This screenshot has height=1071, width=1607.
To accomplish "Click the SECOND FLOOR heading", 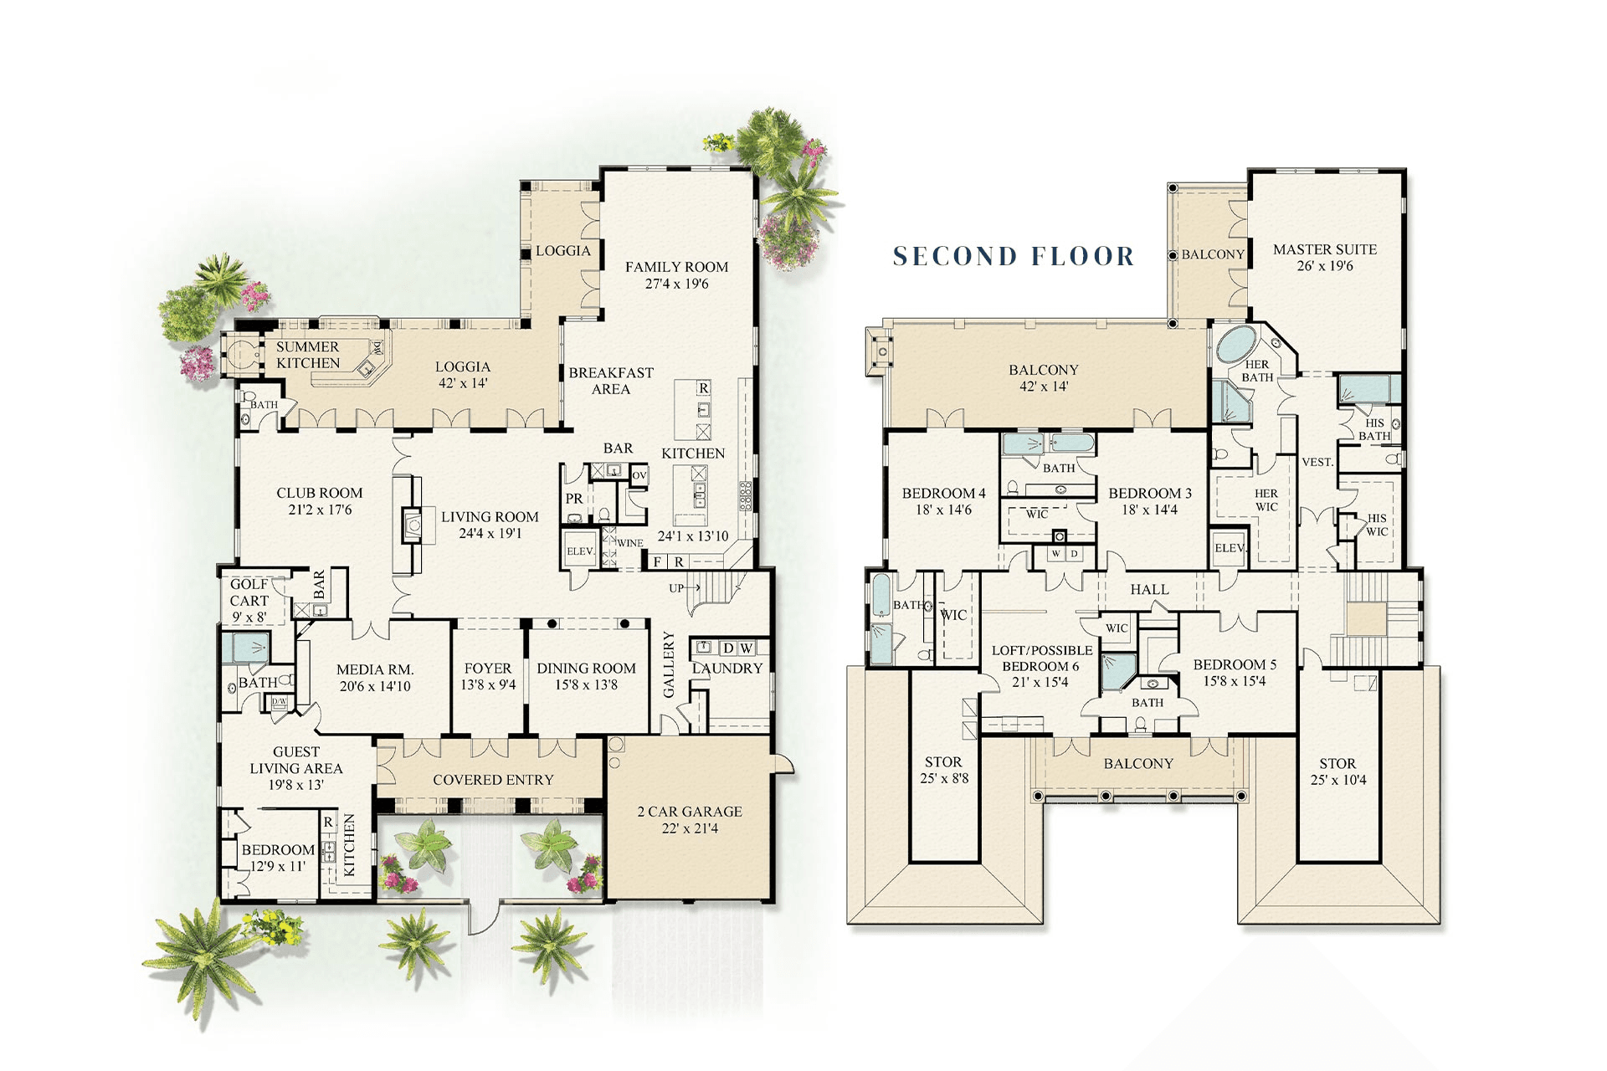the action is (1014, 256).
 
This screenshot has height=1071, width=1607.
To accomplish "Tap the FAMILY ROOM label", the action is (676, 267).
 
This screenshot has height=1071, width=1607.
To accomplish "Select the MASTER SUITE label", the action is (1325, 249).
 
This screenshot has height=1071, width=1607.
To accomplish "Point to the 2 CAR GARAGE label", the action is (690, 812).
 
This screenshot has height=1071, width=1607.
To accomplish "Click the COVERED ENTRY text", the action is (493, 780).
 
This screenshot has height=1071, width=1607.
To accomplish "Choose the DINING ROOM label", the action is (586, 669).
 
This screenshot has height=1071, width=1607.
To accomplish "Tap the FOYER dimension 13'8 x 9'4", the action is (488, 685).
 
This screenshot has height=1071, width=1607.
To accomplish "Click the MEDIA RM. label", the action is (375, 669).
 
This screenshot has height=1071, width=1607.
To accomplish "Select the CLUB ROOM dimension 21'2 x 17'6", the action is (320, 510).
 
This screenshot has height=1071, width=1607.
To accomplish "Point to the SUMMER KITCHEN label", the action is (308, 355).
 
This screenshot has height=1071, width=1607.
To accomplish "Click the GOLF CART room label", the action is (249, 592).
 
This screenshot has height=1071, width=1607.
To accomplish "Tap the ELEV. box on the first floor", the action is (580, 551).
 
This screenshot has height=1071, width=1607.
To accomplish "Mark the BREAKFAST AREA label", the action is (611, 381).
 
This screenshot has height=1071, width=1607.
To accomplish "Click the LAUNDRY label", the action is (726, 669).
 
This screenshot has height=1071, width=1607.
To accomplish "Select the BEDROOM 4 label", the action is (943, 494).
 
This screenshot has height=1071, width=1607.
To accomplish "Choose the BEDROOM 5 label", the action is (1235, 665).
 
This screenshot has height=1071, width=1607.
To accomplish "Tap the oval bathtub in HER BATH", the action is (1236, 344).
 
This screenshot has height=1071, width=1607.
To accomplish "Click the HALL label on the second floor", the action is (1149, 590).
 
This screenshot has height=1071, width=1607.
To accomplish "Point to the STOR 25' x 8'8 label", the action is (943, 770).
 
